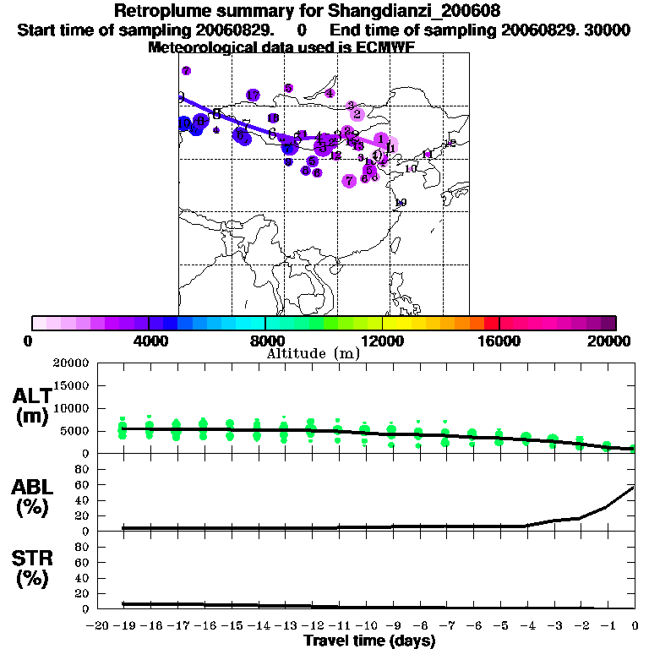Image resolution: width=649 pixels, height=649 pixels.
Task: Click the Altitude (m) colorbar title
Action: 313,353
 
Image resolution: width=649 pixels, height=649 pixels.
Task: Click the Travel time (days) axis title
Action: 369,641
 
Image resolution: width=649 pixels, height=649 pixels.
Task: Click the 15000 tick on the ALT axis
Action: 73,385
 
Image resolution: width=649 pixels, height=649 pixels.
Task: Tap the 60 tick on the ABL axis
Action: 83,485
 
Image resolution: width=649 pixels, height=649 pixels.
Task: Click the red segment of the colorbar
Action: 491,323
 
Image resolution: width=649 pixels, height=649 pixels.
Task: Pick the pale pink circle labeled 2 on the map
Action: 357,114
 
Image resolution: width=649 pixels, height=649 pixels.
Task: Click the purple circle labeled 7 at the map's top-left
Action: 186,71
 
